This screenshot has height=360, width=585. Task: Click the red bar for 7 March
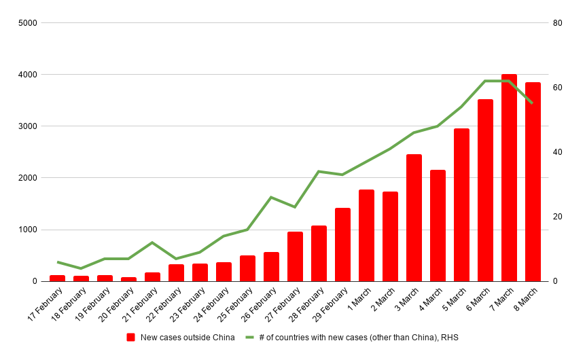pos(509,178)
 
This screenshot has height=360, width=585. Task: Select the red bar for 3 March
pos(414,218)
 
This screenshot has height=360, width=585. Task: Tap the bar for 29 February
pos(342,245)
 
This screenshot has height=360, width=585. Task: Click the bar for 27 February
pos(295,257)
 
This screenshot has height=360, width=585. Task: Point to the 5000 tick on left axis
pos(28,23)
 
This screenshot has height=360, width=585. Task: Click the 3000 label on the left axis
pos(28,126)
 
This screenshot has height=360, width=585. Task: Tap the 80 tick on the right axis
pos(558,23)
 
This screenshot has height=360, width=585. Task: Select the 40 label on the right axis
pos(558,152)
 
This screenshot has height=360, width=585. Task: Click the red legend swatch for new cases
pos(131,337)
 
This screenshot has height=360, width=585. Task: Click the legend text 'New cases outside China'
pos(188,337)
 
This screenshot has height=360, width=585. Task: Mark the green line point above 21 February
pos(152,242)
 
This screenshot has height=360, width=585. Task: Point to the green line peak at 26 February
pos(271,197)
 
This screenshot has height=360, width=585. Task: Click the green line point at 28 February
pos(319,171)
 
